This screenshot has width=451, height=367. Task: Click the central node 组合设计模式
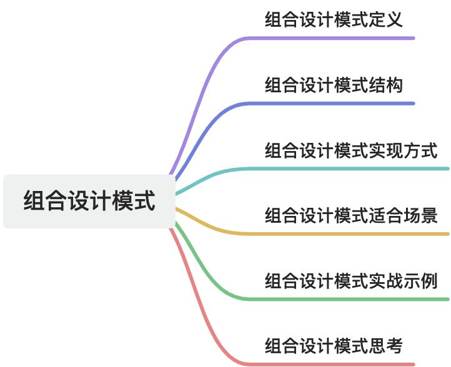coord(89,202)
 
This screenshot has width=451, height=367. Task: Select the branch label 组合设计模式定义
coord(333,19)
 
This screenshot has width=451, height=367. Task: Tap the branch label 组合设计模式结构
coord(333,84)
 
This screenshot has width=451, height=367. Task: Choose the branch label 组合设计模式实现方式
coord(350,150)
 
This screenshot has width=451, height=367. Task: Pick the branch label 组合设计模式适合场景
coord(350,216)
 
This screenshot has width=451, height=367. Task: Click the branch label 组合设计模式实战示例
coord(350,281)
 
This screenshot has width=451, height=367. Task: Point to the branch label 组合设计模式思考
coord(333,346)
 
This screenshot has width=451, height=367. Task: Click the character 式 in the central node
coord(144,202)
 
